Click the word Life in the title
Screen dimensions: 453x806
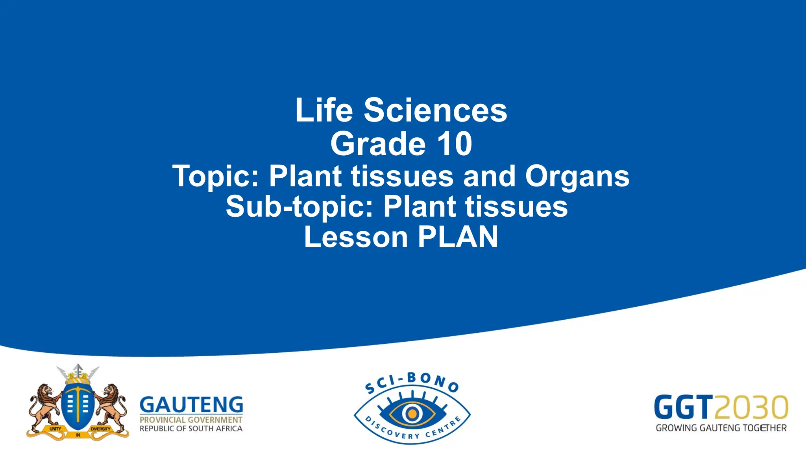pyautogui.click(x=324, y=110)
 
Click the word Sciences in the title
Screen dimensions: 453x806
pyautogui.click(x=435, y=110)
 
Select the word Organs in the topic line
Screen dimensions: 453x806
pyautogui.click(x=577, y=176)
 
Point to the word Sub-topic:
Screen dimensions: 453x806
pyautogui.click(x=299, y=207)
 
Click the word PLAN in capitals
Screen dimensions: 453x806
pyautogui.click(x=458, y=237)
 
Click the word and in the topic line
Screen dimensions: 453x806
pyautogui.click(x=489, y=176)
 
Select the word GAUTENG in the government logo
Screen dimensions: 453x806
pyautogui.click(x=191, y=405)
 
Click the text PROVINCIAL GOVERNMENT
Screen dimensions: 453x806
pyautogui.click(x=191, y=420)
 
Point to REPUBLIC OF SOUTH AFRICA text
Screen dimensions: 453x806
pyautogui.click(x=191, y=429)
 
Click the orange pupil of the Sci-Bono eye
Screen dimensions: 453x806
pyautogui.click(x=412, y=414)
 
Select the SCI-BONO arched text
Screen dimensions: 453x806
pyautogui.click(x=412, y=381)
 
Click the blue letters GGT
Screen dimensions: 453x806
pyautogui.click(x=683, y=407)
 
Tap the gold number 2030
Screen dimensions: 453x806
pyautogui.click(x=751, y=407)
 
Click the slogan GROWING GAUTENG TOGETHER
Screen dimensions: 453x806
pyautogui.click(x=721, y=428)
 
